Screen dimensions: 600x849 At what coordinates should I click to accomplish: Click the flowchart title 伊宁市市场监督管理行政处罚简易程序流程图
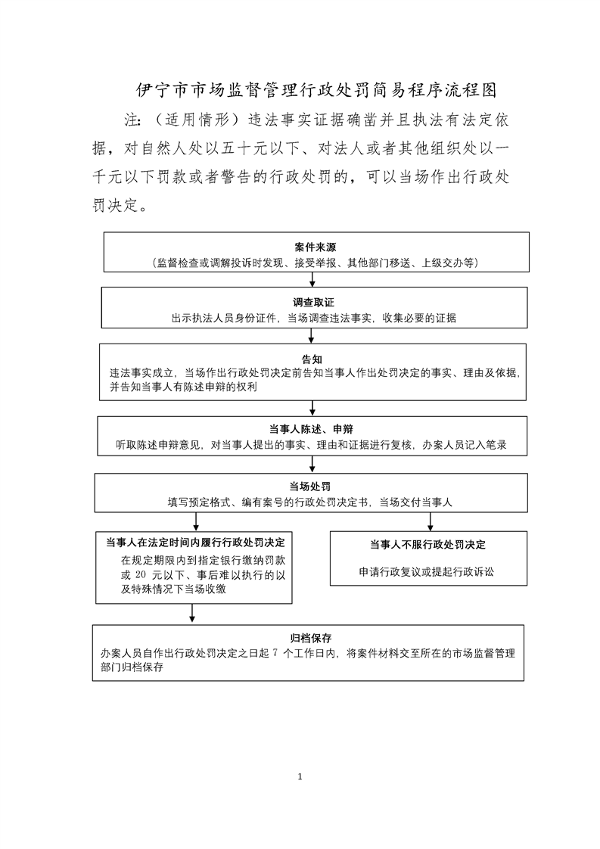tap(316, 90)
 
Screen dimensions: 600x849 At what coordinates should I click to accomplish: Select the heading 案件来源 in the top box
tap(316, 247)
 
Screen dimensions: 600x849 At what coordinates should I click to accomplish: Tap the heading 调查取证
tap(313, 303)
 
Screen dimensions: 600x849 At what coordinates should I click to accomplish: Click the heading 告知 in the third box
tap(312, 359)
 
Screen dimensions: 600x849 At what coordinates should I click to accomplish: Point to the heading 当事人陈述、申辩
tap(312, 429)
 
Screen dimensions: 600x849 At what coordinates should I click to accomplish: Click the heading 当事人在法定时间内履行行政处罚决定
tap(195, 542)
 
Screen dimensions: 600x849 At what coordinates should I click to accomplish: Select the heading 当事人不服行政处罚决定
tap(427, 545)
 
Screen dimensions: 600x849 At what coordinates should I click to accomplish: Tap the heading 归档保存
tap(311, 639)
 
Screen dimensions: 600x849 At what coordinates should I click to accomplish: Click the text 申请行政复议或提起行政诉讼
tap(427, 572)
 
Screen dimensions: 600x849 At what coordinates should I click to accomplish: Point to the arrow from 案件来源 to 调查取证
tap(312, 279)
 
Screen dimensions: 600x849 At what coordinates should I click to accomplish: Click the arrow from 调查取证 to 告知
tap(312, 336)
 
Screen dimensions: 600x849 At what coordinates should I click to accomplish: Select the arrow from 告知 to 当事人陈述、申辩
tap(312, 409)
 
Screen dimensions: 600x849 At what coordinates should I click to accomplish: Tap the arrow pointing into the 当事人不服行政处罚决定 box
tap(430, 521)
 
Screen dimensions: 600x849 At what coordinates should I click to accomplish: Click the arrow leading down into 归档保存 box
tap(192, 614)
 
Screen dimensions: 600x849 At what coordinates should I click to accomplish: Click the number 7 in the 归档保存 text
tap(275, 653)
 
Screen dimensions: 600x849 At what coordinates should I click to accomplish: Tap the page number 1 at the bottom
tap(300, 777)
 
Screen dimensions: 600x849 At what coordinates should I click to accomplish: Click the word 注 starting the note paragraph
tap(132, 120)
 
